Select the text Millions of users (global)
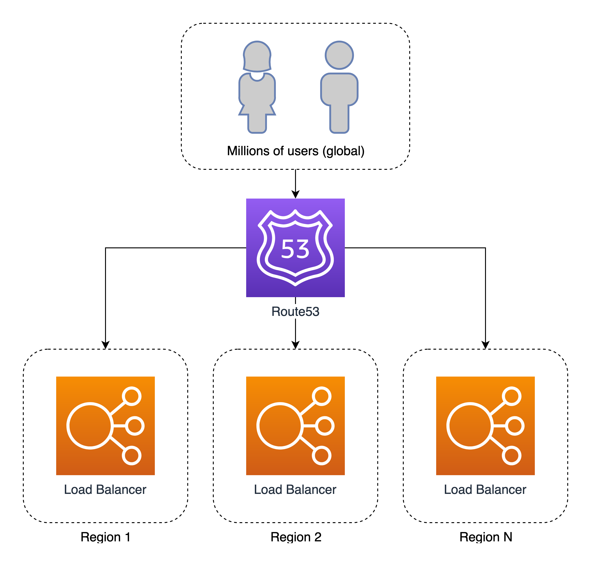point(295,151)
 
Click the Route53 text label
point(295,311)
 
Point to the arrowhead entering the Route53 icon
point(295,194)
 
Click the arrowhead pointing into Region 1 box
point(105,345)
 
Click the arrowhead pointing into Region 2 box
point(295,345)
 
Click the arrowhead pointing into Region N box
point(485,345)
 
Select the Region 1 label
point(105,537)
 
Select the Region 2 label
point(296,537)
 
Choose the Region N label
point(485,537)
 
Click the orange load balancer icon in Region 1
point(105,426)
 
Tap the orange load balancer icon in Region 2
point(295,426)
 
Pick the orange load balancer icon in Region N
point(485,426)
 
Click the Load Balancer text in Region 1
point(105,490)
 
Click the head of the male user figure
point(339,55)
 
